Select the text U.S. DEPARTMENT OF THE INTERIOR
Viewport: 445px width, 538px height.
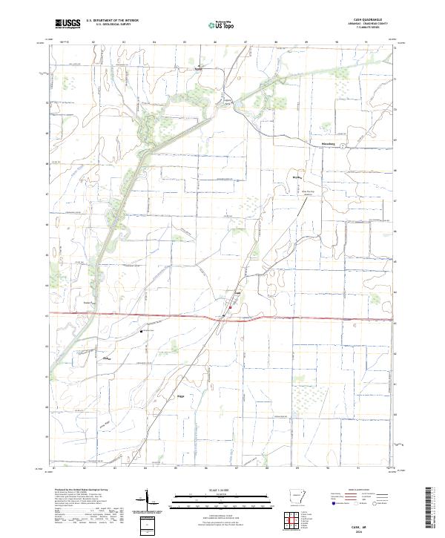coord(112,21)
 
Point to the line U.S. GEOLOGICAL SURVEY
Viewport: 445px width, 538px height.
coord(108,24)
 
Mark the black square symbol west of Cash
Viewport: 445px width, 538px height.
coord(140,332)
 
